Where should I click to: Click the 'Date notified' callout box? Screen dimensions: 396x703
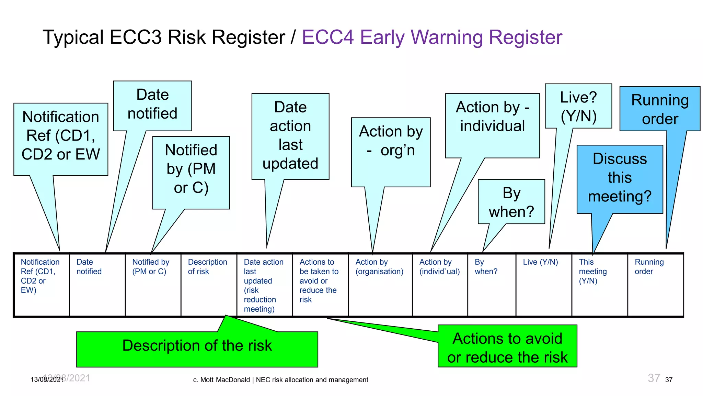(152, 105)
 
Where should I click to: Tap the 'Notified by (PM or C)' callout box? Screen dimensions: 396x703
(191, 170)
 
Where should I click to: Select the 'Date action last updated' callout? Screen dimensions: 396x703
(290, 136)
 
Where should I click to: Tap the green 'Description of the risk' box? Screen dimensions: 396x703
(197, 347)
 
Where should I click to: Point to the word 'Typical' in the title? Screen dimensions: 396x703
(73, 37)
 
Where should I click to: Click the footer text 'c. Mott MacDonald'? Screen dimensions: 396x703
(221, 380)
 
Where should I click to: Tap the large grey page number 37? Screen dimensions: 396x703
(654, 378)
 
